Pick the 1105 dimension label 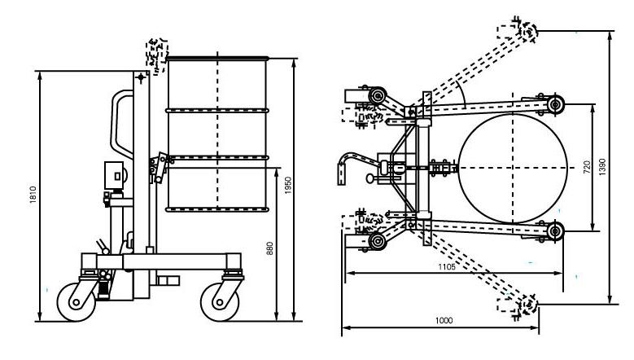click(x=446, y=266)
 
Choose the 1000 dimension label click(x=444, y=321)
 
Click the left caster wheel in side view click(x=77, y=299)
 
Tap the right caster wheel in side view click(x=221, y=299)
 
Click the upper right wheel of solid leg click(x=556, y=104)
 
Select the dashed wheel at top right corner click(x=527, y=31)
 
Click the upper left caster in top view click(x=377, y=99)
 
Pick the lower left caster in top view click(x=377, y=241)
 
